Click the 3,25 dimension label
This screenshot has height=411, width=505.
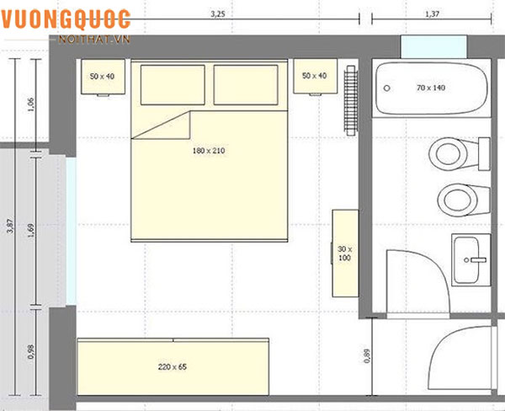point(218,14)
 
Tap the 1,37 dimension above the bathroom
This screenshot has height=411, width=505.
point(432,14)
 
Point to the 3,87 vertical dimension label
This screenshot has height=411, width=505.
point(10,226)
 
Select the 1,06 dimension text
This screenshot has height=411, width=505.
point(31,104)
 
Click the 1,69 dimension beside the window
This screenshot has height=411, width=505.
point(31,231)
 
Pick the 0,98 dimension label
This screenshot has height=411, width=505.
point(31,352)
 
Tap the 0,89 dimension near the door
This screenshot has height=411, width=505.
point(367,356)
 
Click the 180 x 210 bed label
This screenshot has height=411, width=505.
point(209,151)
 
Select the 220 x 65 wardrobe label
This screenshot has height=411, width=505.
point(173,367)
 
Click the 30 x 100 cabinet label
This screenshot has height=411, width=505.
point(344,254)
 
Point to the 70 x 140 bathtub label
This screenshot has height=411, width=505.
point(431,88)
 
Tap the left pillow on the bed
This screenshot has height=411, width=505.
point(173,85)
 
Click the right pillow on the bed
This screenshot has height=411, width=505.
point(246,85)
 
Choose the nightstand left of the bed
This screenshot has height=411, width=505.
point(103,77)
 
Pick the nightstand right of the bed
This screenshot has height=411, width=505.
point(316,76)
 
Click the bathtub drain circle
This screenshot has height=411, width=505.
point(387,88)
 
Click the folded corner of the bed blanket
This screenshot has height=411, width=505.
point(161,125)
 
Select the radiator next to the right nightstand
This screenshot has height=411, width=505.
point(351,100)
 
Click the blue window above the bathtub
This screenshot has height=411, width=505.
point(433,46)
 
